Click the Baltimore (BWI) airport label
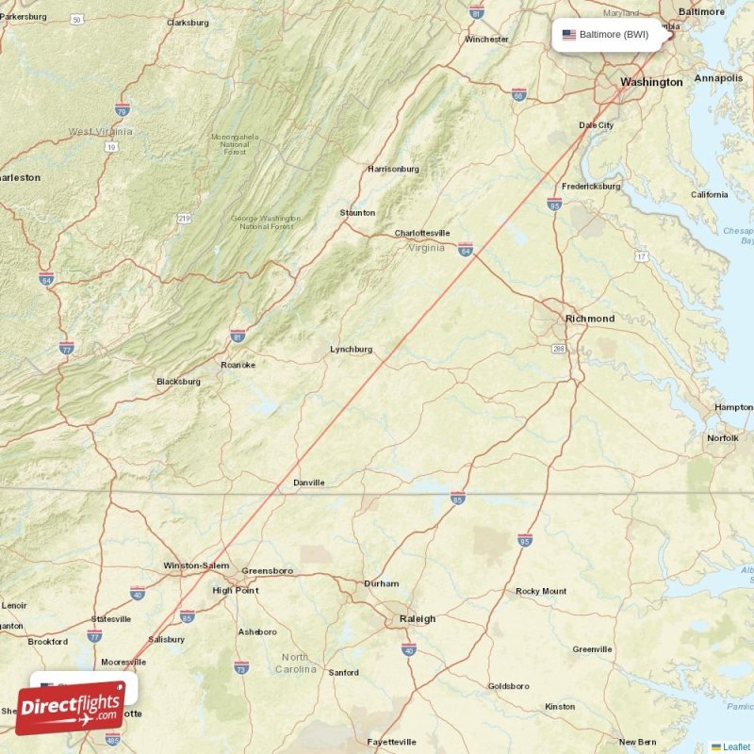point(613,35)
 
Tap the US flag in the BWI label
point(568,35)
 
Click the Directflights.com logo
point(71,708)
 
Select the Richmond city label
point(589,319)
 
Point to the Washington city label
point(650,82)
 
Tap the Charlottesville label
point(421,233)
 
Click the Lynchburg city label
point(351,350)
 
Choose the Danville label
point(308,483)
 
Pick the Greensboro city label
point(268,571)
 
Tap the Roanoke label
point(238,365)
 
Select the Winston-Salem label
point(196,565)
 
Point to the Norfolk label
point(723,438)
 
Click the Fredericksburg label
point(590,187)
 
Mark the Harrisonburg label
point(393,170)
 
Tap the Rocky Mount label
point(541,592)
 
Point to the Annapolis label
point(718,78)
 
